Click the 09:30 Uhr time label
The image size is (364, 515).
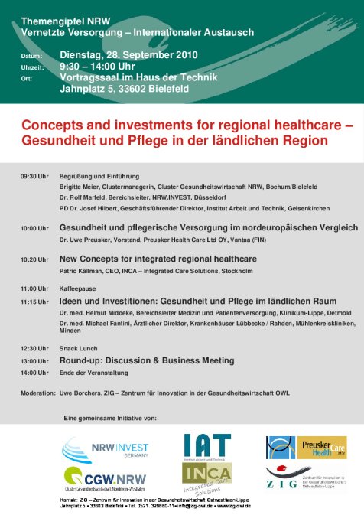tap(34, 176)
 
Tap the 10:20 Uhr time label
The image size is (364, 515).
tap(34, 259)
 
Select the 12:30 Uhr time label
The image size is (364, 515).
tap(34, 348)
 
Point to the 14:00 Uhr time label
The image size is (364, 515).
tap(34, 372)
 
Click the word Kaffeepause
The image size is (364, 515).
tap(77, 288)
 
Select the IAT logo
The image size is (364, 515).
tap(206, 446)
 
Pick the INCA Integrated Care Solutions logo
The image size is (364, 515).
tap(206, 481)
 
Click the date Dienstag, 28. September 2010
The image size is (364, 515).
tap(128, 55)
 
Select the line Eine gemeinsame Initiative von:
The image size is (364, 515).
tap(110, 419)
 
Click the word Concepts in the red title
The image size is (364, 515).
tap(52, 123)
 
